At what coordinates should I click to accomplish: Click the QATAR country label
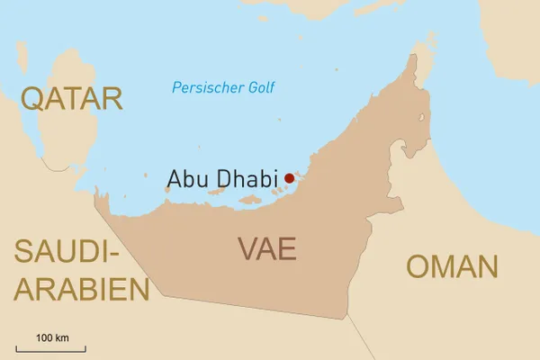[x=72, y=98]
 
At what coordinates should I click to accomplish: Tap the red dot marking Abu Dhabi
[x=289, y=178]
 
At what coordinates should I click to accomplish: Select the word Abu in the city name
[x=187, y=178]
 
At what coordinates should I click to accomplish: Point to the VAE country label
[x=267, y=248]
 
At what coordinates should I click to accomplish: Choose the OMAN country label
[x=452, y=266]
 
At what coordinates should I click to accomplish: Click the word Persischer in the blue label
[x=204, y=88]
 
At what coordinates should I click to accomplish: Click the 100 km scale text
[x=52, y=337]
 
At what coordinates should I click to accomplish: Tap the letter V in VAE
[x=248, y=248]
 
